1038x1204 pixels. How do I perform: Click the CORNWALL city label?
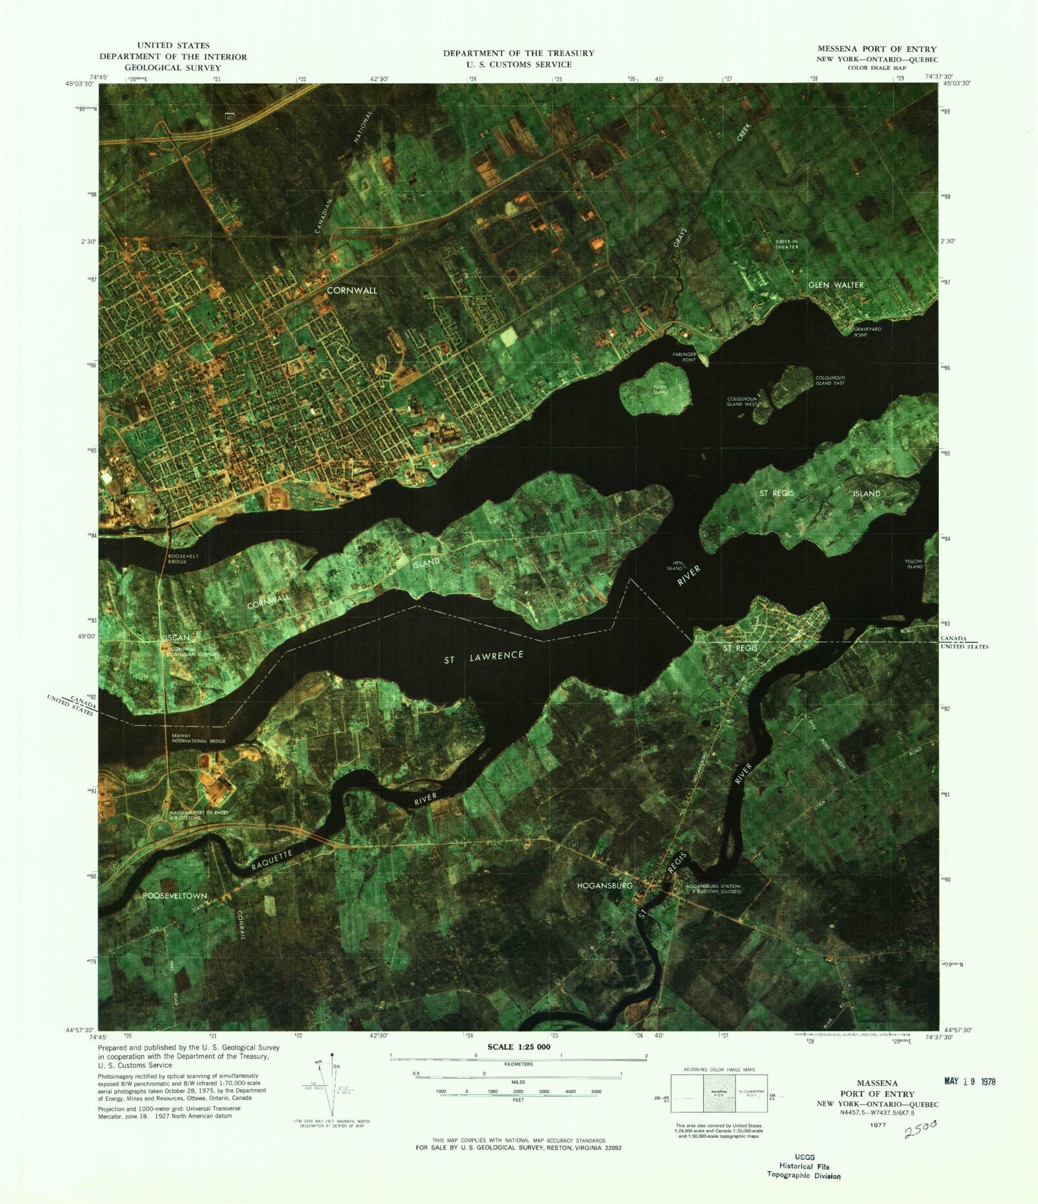352,291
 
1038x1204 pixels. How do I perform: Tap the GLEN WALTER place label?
836,285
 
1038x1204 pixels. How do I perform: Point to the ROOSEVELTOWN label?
175,895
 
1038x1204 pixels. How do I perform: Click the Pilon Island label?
660,389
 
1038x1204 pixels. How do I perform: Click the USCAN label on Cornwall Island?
175,638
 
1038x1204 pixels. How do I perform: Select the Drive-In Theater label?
786,244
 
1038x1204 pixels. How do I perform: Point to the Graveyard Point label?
867,332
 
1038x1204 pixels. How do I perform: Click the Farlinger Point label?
684,357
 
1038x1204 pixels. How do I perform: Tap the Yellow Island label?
914,564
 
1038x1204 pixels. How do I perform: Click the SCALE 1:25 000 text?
518,1048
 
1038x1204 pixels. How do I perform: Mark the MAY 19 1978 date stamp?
969,1081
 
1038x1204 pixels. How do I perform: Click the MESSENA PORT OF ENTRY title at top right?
876,49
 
